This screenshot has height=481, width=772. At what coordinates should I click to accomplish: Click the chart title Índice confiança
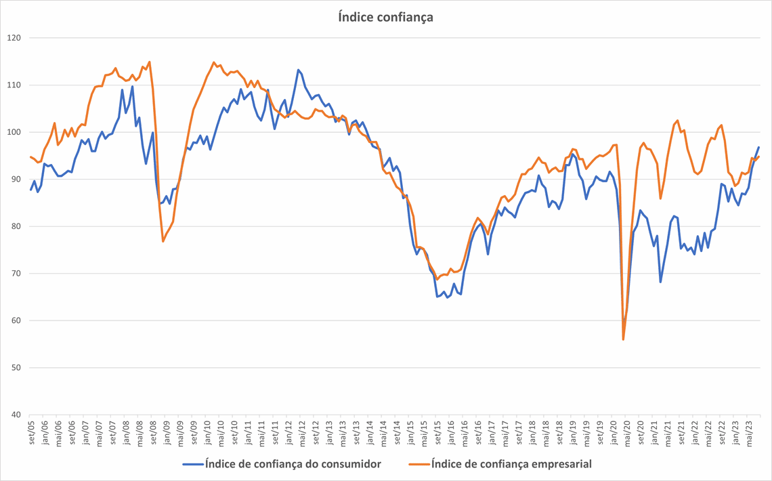click(385, 17)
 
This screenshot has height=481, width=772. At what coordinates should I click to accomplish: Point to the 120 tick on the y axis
click(16, 38)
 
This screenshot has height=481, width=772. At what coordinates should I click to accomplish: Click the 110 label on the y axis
click(16, 85)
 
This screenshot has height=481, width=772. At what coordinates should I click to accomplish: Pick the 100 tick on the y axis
click(16, 132)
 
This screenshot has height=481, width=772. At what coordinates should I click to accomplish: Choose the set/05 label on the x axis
click(31, 431)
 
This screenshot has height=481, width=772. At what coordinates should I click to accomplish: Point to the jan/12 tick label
click(288, 431)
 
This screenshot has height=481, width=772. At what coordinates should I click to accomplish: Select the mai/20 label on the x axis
click(626, 431)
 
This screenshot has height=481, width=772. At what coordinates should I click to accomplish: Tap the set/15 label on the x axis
click(437, 431)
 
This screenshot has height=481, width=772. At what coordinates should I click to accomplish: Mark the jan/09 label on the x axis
click(167, 431)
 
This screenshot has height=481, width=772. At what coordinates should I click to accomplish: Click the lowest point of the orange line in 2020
click(623, 339)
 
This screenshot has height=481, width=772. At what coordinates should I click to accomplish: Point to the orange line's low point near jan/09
click(163, 241)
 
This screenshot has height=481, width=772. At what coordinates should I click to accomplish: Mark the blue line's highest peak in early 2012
click(298, 69)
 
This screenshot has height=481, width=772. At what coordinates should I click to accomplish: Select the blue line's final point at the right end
click(758, 147)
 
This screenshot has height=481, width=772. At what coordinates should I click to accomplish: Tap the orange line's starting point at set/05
click(31, 156)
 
